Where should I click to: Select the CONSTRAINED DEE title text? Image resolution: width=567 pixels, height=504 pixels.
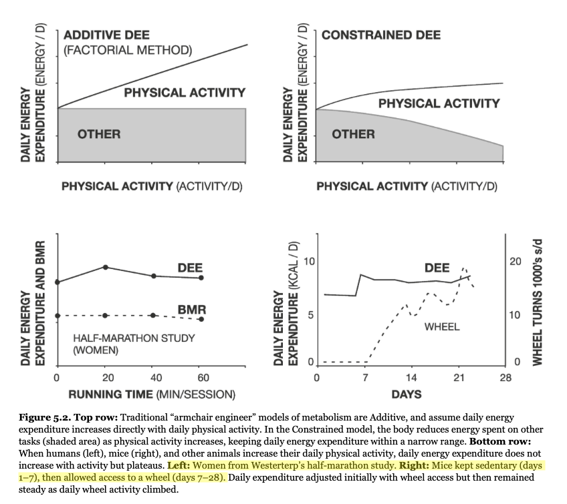tap(381, 35)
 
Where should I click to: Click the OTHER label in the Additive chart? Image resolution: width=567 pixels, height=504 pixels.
tap(99, 134)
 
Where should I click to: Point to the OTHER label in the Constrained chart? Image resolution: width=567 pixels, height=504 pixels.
tap(354, 134)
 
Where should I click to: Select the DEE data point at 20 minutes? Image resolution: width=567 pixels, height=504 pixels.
tap(105, 267)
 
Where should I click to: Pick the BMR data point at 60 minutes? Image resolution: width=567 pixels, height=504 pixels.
tap(202, 319)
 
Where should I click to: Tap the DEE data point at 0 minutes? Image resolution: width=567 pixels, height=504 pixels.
tap(58, 282)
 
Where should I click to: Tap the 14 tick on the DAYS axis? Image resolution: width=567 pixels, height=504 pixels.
tap(411, 378)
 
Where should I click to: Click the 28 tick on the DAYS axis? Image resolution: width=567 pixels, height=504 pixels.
tap(505, 378)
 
